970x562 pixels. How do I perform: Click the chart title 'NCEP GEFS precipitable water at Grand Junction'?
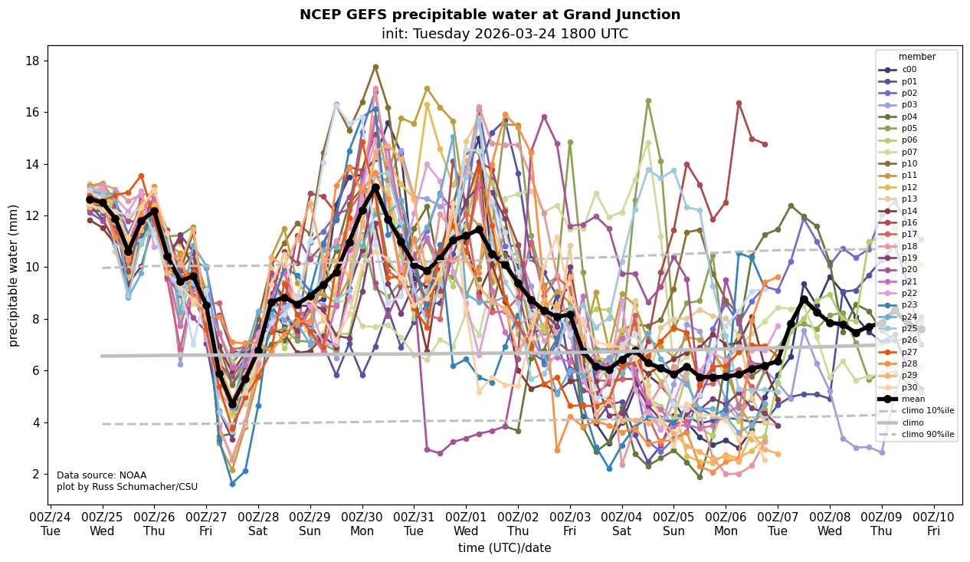pyautogui.click(x=490, y=15)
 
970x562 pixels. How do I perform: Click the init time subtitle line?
pyautogui.click(x=505, y=34)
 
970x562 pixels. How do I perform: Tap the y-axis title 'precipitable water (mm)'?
pyautogui.click(x=14, y=275)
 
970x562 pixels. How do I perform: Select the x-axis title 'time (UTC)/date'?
pyautogui.click(x=504, y=547)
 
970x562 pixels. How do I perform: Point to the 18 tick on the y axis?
pyautogui.click(x=38, y=61)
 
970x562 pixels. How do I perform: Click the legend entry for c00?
pyautogui.click(x=909, y=70)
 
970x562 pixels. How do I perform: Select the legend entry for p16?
pyautogui.click(x=909, y=222)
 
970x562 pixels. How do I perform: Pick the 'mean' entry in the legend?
pyautogui.click(x=913, y=399)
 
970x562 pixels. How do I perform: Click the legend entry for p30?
pyautogui.click(x=909, y=387)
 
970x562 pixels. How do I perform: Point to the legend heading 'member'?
pyautogui.click(x=916, y=57)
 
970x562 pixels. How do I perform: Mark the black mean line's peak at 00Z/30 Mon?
pyautogui.click(x=375, y=187)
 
